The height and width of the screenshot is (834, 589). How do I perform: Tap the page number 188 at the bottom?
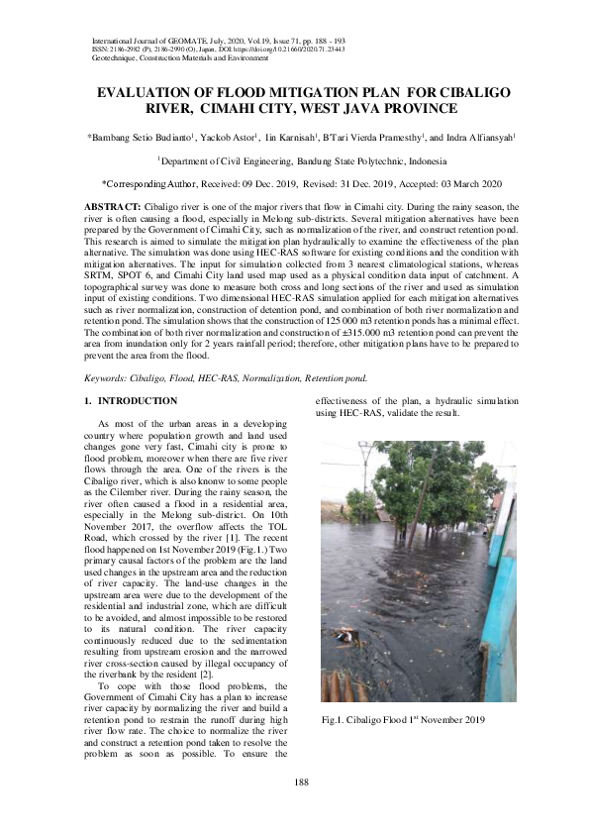302,782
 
